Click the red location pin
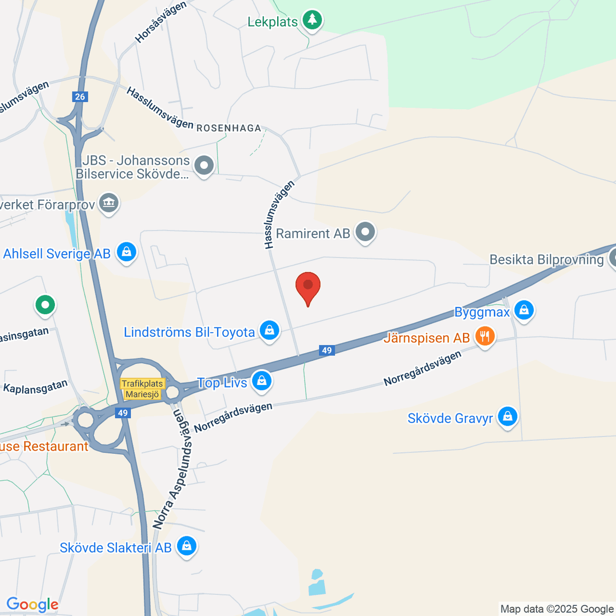pos(308,286)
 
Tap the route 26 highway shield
pos(80,97)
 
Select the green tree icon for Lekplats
pos(312,21)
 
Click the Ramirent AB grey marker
pos(365,232)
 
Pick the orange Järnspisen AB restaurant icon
pos(485,337)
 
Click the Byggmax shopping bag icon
pos(524,311)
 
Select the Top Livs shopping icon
pos(262,381)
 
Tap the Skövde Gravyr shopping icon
pos(507,417)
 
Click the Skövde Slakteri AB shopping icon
pos(186,546)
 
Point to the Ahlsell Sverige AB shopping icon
pos(126,252)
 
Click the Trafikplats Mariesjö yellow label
pos(142,389)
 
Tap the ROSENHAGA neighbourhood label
pos(229,128)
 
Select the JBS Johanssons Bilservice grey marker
pos(205,166)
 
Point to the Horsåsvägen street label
pos(161,23)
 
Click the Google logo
pos(32,605)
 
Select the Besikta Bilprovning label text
pos(546,260)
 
